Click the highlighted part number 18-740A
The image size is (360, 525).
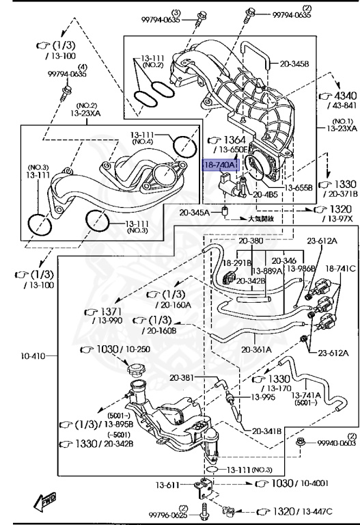coord(219,165)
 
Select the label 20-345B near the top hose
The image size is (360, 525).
coord(294,64)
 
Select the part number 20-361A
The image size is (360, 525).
coord(256,349)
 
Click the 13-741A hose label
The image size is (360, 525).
coord(306,396)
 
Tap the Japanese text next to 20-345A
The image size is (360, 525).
coord(260,219)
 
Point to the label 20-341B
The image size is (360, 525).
coord(266,431)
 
